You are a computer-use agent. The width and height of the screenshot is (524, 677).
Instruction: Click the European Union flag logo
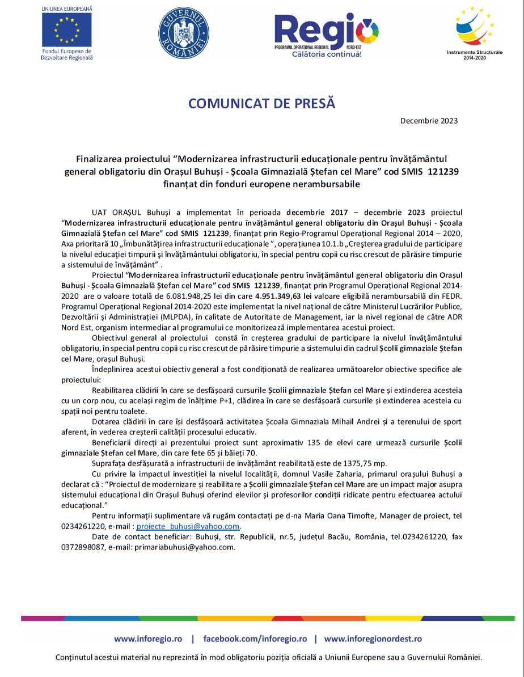click(66, 29)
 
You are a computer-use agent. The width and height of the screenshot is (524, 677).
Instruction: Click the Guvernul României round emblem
click(183, 32)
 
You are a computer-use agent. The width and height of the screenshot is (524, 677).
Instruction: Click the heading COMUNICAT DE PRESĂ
click(261, 104)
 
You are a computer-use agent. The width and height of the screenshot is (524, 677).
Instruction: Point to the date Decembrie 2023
click(429, 121)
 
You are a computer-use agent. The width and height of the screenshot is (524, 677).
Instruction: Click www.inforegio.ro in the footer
click(148, 638)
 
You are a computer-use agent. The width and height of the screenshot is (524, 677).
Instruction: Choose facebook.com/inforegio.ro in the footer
click(255, 638)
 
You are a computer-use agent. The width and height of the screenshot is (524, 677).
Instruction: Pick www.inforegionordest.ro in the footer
click(373, 638)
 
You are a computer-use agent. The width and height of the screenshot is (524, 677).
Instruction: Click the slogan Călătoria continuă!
click(326, 54)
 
